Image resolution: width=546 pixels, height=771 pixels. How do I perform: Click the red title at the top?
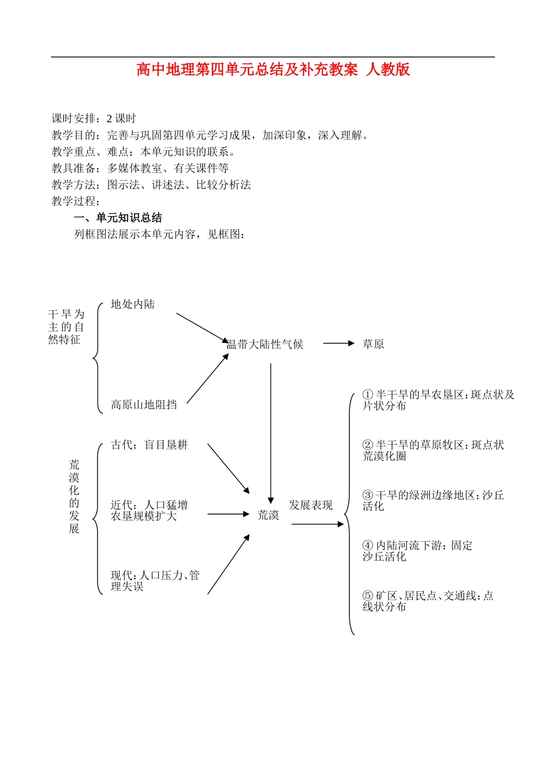(273, 70)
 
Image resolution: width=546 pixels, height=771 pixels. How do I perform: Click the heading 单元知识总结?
(129, 218)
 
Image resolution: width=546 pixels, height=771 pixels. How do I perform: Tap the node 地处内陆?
(133, 304)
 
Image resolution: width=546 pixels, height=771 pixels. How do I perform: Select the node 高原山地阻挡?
(144, 405)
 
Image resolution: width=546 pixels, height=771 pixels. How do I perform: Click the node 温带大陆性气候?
(265, 345)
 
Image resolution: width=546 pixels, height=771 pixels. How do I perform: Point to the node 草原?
(373, 345)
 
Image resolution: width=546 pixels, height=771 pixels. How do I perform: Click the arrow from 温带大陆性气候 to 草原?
(339, 344)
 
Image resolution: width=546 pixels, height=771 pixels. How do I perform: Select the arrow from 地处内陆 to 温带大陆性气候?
(202, 328)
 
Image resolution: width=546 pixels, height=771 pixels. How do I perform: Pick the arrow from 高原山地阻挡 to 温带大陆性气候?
(207, 379)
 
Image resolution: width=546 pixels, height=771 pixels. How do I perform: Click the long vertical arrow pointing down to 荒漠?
(271, 431)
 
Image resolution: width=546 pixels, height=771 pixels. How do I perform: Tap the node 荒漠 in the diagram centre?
(268, 515)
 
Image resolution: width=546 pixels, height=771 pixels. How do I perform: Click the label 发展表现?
(311, 506)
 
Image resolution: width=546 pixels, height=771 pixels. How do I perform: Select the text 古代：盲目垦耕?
(149, 445)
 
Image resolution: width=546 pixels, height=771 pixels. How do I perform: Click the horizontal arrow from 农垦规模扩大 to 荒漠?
(228, 514)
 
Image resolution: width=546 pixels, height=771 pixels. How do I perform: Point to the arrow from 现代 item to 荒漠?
(228, 564)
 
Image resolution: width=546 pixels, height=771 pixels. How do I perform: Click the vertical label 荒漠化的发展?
(74, 497)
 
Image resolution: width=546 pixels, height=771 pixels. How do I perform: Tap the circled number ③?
(368, 495)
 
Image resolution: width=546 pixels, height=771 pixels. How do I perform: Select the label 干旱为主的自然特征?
(66, 327)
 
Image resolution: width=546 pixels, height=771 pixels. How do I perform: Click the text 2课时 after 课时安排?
(121, 119)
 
